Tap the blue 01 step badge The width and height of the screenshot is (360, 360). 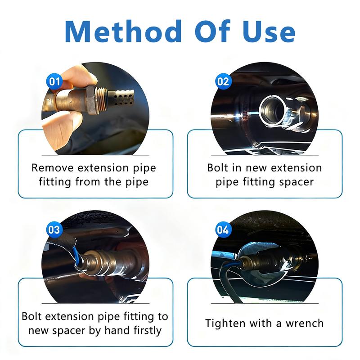tap(54, 81)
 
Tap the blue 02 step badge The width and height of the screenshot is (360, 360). tap(223, 81)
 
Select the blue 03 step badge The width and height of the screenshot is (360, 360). tap(54, 229)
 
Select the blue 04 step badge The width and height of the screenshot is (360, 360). tap(223, 229)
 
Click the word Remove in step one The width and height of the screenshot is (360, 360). tap(52, 168)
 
